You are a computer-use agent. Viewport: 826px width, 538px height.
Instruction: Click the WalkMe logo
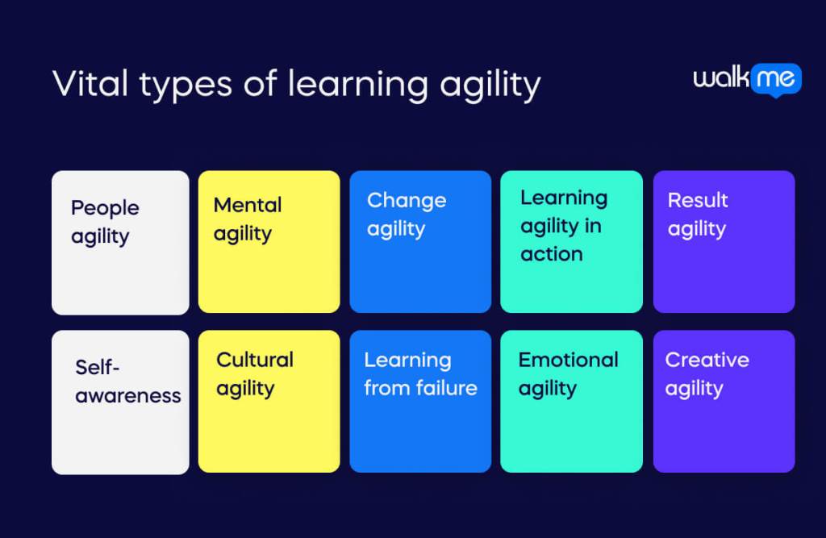pos(746,79)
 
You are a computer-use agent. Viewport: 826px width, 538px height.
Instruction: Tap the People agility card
pos(120,242)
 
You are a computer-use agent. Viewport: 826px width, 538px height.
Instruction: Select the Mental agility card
pos(269,242)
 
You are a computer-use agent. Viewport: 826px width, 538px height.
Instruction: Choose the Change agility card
pos(419,242)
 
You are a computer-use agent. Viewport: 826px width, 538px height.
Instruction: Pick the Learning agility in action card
pos(571,242)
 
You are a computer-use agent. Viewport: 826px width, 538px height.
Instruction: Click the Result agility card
pos(724,242)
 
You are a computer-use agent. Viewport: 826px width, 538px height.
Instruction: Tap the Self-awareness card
pos(120,402)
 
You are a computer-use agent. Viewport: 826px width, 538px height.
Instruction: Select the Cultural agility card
pos(269,402)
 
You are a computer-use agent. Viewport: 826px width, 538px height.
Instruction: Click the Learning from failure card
pos(419,402)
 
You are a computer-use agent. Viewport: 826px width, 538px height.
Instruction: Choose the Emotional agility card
pos(571,402)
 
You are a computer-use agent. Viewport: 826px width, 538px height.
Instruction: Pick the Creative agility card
pos(724,402)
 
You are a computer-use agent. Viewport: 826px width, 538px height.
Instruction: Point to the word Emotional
pos(568,360)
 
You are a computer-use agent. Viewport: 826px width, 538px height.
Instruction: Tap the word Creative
pos(707,360)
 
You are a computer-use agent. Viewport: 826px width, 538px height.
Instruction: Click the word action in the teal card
pos(552,254)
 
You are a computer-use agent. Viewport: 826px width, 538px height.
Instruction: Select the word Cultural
pos(255,360)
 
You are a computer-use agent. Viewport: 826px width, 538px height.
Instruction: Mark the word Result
pos(698,200)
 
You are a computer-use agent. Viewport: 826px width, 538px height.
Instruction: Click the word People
pos(105,208)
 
